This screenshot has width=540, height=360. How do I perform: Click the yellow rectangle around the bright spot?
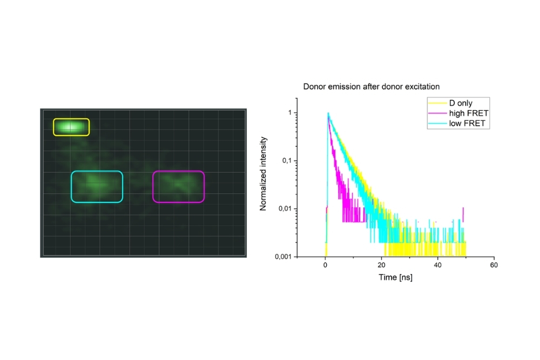point(71,127)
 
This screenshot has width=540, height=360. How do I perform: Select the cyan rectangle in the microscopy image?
point(97,186)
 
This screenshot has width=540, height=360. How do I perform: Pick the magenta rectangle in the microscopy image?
point(179,187)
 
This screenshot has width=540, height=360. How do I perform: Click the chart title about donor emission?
point(371,86)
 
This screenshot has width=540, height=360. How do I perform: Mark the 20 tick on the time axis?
point(382,265)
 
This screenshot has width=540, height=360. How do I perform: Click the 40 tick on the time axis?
point(438,265)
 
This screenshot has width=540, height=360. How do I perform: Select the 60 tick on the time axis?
point(494,265)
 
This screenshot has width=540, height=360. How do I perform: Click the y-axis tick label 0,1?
point(287,161)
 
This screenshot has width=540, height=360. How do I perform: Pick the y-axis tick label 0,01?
point(285,209)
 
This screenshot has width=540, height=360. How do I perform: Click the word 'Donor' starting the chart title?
point(314,86)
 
